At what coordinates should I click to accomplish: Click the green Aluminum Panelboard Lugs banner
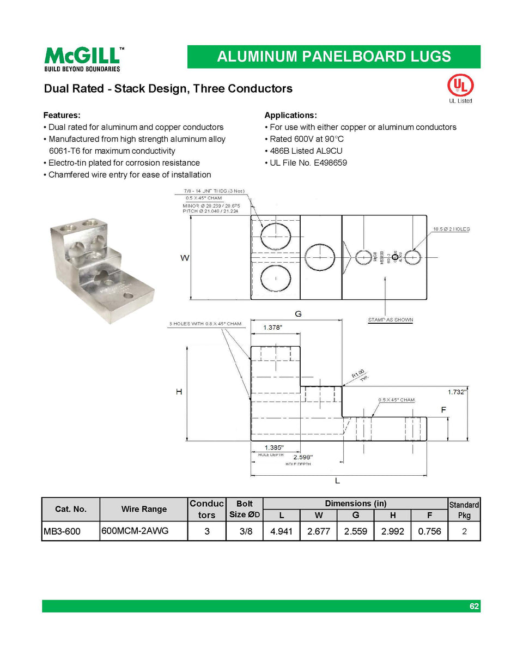333,57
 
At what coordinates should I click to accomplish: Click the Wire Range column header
144,509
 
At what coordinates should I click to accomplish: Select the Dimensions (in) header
355,504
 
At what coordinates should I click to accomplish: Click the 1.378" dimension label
273,328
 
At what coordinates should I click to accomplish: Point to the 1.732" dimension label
457,391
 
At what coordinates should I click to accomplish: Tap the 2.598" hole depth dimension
302,457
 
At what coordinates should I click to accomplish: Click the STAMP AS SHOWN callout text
391,320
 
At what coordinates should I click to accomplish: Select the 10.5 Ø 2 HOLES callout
451,229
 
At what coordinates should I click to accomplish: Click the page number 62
474,606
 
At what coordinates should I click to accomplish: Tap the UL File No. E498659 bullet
308,162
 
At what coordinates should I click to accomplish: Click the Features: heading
62,115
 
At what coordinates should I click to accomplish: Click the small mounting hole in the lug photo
130,296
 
